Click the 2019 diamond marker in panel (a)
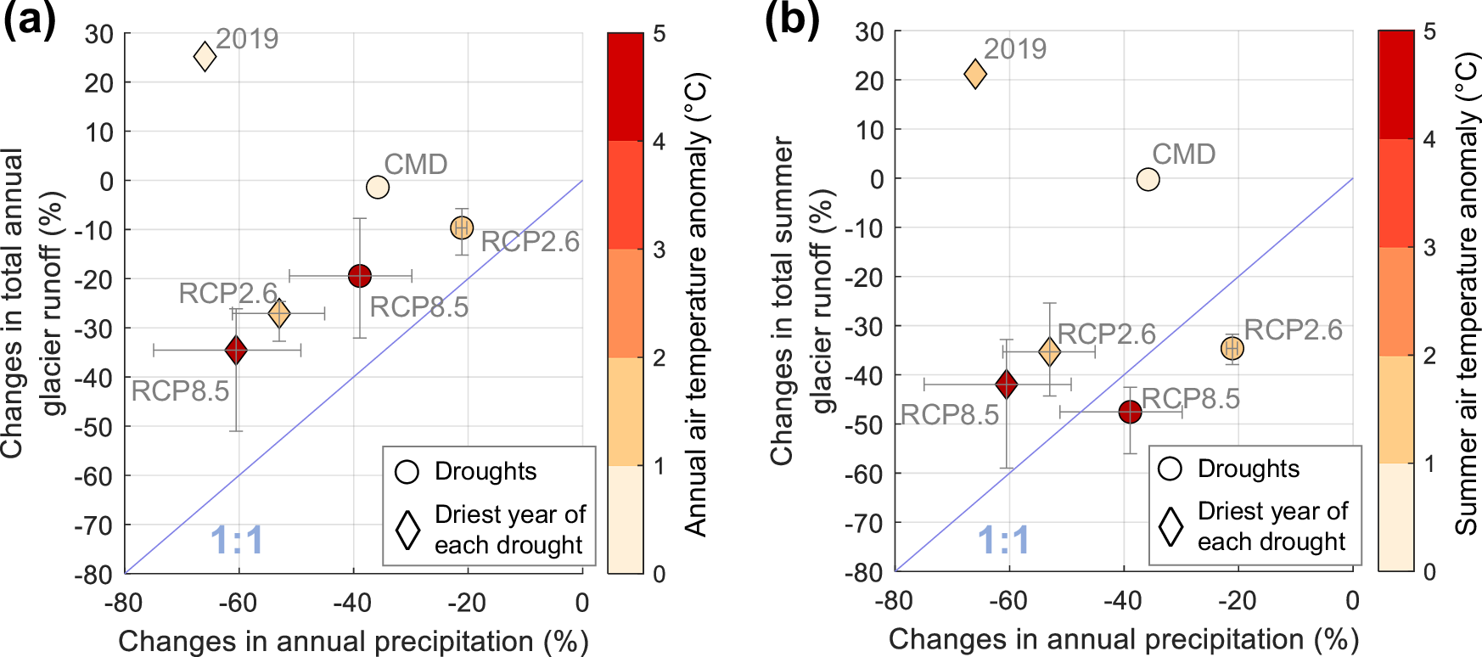click(x=205, y=57)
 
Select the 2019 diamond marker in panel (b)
click(x=975, y=75)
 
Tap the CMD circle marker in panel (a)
click(x=378, y=187)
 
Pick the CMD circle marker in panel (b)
click(x=1148, y=179)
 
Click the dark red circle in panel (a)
click(x=360, y=276)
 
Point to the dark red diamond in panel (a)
click(x=236, y=350)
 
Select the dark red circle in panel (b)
click(x=1130, y=413)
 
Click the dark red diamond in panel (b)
click(x=1007, y=385)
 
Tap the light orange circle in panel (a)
click(x=462, y=227)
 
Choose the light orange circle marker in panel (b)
click(x=1232, y=348)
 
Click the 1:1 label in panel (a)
click(x=237, y=541)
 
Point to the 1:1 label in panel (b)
click(x=1004, y=540)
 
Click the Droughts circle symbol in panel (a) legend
click(x=407, y=472)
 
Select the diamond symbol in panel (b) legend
click(x=1171, y=526)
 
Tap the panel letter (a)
click(x=29, y=19)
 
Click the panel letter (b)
click(x=792, y=19)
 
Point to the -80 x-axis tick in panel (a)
click(x=124, y=603)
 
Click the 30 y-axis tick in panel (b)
click(x=869, y=31)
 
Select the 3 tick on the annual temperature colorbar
click(x=659, y=250)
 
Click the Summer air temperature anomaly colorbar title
click(x=1467, y=293)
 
